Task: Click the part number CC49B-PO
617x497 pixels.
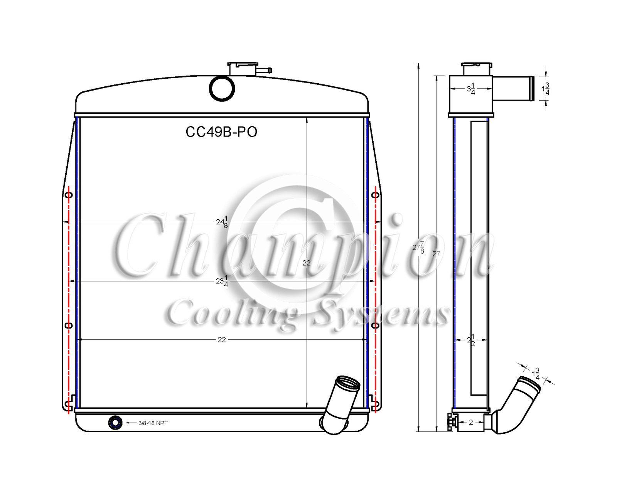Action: click(x=221, y=132)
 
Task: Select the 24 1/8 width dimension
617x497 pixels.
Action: click(x=222, y=222)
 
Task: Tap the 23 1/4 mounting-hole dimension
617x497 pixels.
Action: click(x=222, y=281)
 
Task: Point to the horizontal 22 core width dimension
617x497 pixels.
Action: click(x=222, y=340)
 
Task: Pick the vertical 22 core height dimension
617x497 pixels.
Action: click(x=307, y=263)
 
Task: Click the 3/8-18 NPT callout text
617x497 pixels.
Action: click(x=153, y=423)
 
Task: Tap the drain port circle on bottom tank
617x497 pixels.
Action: click(x=115, y=423)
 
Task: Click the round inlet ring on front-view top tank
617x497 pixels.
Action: click(x=222, y=89)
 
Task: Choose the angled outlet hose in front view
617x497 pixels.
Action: click(x=340, y=404)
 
